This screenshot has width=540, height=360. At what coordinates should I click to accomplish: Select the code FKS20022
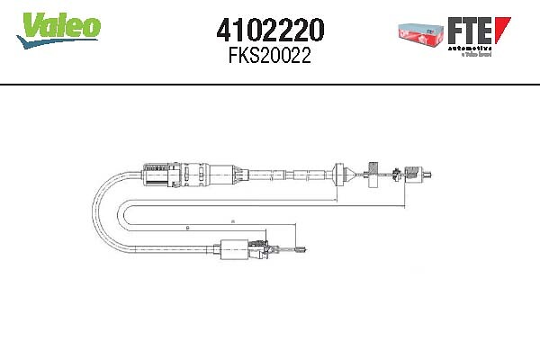[271, 58]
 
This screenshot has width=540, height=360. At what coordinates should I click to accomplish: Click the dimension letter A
[232, 220]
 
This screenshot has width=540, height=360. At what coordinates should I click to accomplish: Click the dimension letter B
[187, 228]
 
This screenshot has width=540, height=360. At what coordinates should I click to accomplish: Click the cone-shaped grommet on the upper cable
[341, 172]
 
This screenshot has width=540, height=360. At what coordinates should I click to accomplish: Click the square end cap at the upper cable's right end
[416, 171]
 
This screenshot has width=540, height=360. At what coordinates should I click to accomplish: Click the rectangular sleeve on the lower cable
[236, 248]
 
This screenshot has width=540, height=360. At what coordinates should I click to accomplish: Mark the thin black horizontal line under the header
[270, 84]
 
